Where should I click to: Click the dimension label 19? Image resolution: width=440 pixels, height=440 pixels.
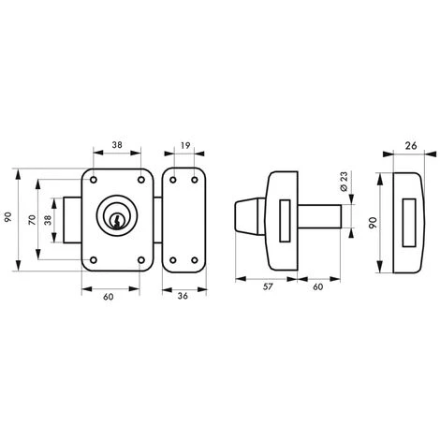(x=185, y=145)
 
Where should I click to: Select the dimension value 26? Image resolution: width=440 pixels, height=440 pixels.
(x=411, y=145)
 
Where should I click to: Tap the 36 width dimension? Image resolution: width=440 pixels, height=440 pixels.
(x=183, y=296)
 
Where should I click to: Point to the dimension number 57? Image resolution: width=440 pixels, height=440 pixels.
(x=268, y=286)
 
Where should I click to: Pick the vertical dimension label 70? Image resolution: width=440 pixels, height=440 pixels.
(x=33, y=220)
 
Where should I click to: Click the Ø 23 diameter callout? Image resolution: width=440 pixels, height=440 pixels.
(x=344, y=182)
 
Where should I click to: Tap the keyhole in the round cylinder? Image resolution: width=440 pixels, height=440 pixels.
(x=117, y=219)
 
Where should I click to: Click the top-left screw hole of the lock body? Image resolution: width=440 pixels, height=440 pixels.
(x=94, y=180)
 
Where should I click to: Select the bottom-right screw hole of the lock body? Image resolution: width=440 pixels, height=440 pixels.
(x=141, y=260)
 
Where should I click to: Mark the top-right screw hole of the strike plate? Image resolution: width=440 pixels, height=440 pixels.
(x=195, y=180)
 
